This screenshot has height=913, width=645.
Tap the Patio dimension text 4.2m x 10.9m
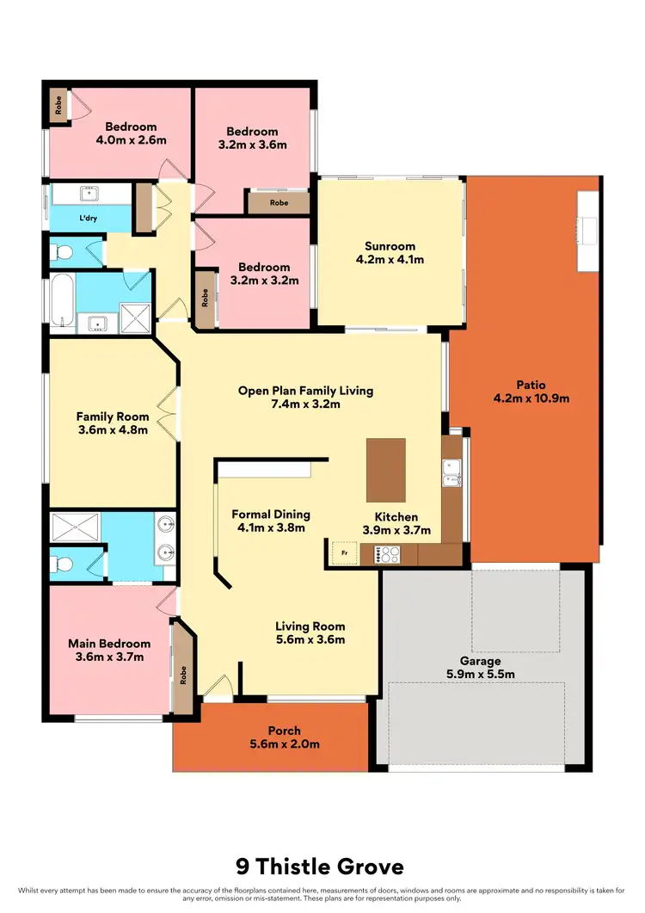point(531,398)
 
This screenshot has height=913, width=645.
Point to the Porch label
point(284,731)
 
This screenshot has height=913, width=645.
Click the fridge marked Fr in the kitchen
point(344,552)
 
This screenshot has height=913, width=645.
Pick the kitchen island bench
point(385,470)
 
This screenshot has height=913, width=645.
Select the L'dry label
point(87,219)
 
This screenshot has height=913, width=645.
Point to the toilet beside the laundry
point(61,252)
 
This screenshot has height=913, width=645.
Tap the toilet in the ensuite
point(61,564)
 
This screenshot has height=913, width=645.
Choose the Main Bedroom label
point(109,644)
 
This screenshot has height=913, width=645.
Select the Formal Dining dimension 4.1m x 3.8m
point(271,528)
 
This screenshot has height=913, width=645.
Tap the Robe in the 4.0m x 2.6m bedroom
point(58,105)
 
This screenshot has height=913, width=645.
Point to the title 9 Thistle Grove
point(322,867)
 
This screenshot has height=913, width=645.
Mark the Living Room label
point(310,626)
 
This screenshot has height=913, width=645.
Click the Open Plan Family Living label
point(305,391)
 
